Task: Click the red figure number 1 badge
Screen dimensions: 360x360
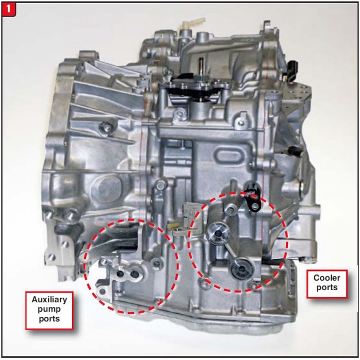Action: [9, 9]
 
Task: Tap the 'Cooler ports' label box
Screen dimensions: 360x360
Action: [327, 282]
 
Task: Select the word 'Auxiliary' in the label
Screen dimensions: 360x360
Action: [49, 299]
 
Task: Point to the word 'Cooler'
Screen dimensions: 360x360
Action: [327, 278]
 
